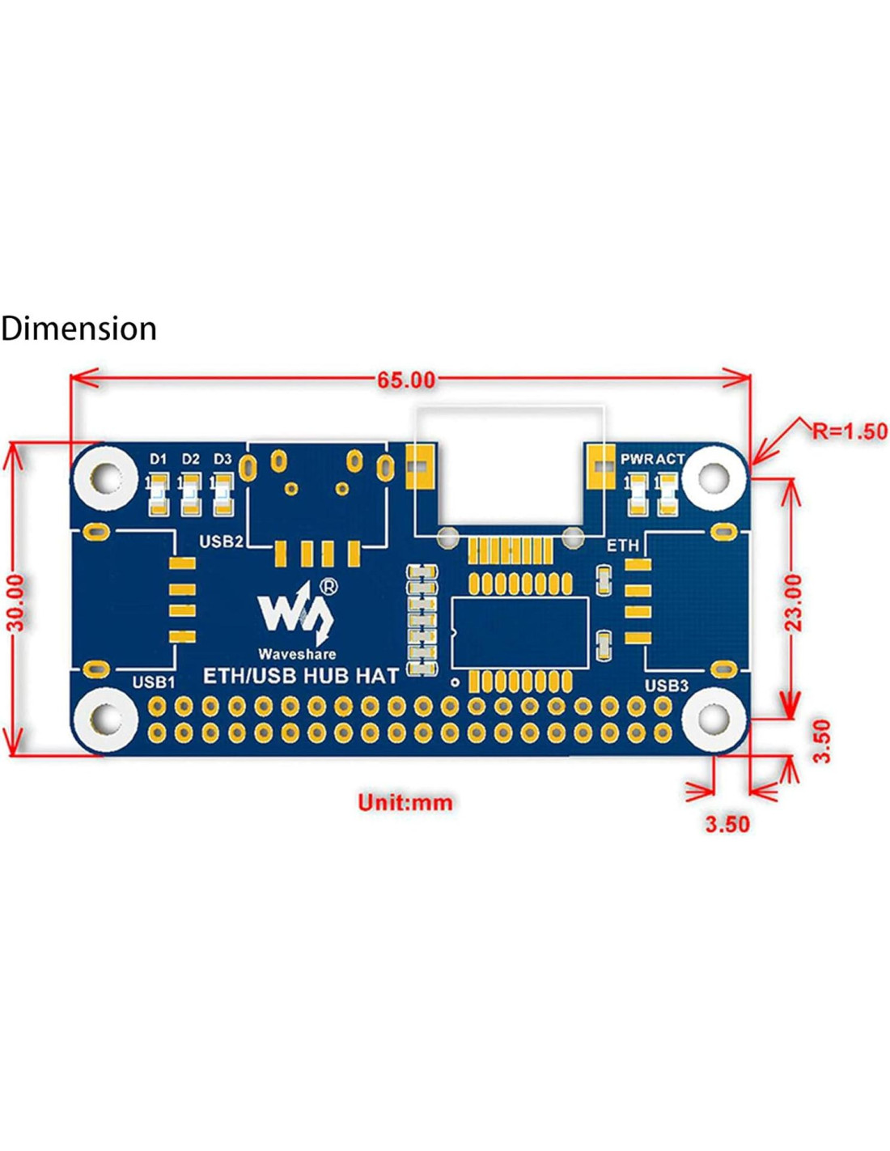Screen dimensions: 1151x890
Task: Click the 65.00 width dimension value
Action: tap(406, 379)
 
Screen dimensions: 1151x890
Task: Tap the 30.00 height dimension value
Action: tap(18, 601)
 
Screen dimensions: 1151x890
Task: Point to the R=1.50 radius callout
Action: tap(850, 431)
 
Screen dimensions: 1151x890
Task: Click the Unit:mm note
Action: tap(405, 802)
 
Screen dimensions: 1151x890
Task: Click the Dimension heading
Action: tap(78, 329)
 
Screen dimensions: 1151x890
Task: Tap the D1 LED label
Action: tap(158, 459)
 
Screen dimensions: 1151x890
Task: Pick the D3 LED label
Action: tap(222, 459)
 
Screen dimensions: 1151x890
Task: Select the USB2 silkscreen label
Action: tap(220, 541)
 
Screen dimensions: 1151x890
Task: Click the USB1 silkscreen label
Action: tap(153, 682)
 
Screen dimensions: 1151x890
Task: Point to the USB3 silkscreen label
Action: tap(666, 686)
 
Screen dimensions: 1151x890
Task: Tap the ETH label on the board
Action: tap(622, 546)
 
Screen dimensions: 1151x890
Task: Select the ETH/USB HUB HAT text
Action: tap(300, 675)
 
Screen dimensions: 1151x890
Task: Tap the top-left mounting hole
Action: tap(106, 478)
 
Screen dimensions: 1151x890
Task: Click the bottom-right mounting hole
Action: tap(713, 717)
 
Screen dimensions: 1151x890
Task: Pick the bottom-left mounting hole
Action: tap(106, 717)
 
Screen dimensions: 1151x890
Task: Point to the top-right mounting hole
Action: tap(713, 478)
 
